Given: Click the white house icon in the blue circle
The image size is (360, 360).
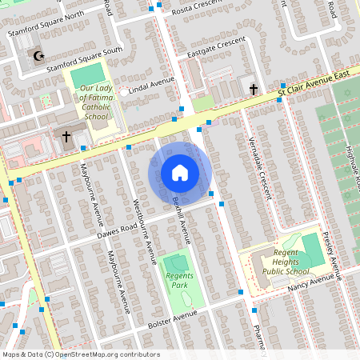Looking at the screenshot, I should pos(180,172).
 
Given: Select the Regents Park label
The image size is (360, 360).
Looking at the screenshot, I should pos(175,280).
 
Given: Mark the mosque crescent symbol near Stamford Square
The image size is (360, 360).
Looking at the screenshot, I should pos(36,55).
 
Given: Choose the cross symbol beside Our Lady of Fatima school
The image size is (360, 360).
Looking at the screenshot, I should pos(66,135).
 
